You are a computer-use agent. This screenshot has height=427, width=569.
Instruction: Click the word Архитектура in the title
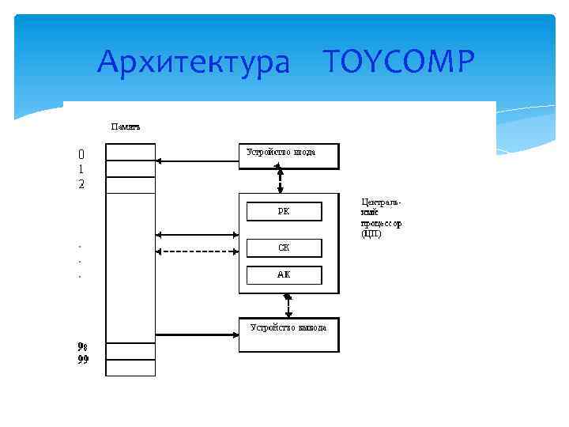[x=194, y=61]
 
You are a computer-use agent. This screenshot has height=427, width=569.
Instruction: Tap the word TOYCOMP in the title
[x=399, y=60]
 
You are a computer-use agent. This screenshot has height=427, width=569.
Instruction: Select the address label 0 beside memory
[x=81, y=153]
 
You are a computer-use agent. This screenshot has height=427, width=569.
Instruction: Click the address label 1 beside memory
[x=81, y=169]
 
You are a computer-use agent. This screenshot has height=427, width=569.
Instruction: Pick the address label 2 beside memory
[x=81, y=184]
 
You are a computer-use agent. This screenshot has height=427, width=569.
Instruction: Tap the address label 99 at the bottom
[x=83, y=361]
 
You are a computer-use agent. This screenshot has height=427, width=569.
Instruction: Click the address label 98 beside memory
[x=83, y=346]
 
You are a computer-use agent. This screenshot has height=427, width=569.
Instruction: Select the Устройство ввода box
[x=288, y=156]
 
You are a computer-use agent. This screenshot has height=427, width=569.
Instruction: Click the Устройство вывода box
[x=288, y=334]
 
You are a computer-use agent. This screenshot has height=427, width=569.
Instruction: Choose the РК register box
[x=284, y=211]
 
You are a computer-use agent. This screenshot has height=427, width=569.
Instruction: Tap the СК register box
[x=284, y=248]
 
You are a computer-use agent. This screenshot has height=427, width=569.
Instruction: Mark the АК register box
[x=284, y=275]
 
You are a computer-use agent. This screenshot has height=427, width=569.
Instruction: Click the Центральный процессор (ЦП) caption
[x=382, y=218]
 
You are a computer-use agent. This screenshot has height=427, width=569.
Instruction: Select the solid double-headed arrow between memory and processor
[x=198, y=235]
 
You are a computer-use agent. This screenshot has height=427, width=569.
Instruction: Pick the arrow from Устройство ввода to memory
[x=198, y=161]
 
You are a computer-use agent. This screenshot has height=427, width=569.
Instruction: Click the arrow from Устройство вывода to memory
[x=198, y=336]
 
